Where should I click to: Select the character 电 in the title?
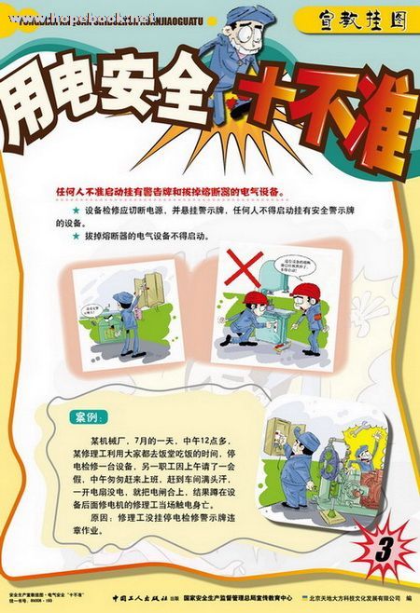104,108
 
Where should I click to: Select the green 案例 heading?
91,415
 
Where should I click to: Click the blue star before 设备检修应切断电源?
76,211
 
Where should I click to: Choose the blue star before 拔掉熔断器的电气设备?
76,237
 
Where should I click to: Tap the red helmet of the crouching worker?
254,298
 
